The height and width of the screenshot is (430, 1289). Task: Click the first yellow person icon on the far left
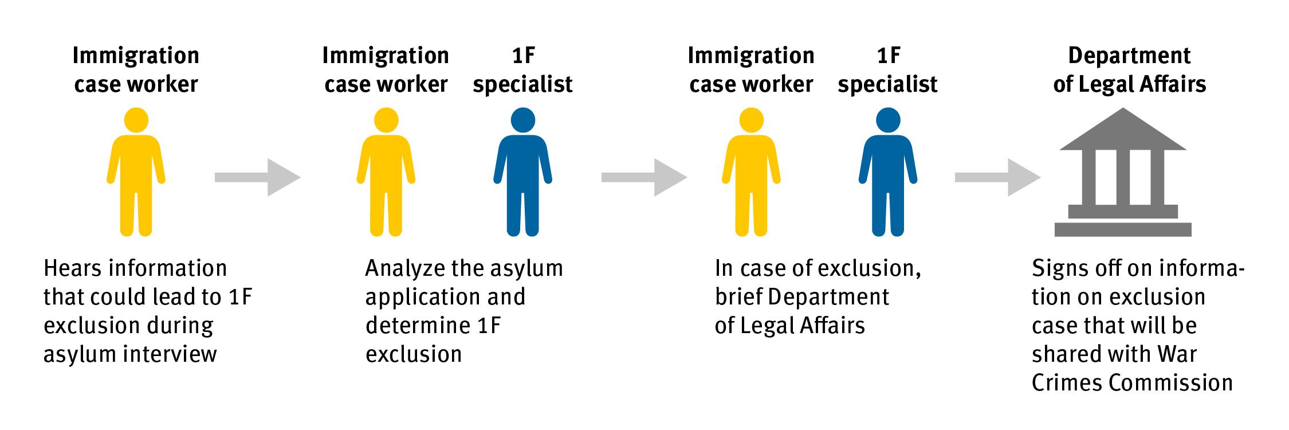[x=136, y=172]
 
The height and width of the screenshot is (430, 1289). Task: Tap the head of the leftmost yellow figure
[x=136, y=120]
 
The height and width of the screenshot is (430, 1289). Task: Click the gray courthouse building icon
[x=1123, y=172]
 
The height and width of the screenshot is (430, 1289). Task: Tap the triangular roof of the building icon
[x=1123, y=132]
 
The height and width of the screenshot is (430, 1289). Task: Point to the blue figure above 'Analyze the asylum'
[x=522, y=172]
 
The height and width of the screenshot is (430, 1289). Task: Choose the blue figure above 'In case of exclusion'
[x=888, y=172]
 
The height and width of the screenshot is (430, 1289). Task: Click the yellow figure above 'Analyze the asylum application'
[x=386, y=172]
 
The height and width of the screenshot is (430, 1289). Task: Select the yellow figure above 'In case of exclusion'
[x=751, y=172]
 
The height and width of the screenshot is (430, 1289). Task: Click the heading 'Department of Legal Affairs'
[x=1129, y=70]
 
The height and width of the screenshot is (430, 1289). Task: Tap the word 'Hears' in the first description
[x=72, y=268]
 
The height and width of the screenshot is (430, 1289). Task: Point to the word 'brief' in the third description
[x=738, y=297]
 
